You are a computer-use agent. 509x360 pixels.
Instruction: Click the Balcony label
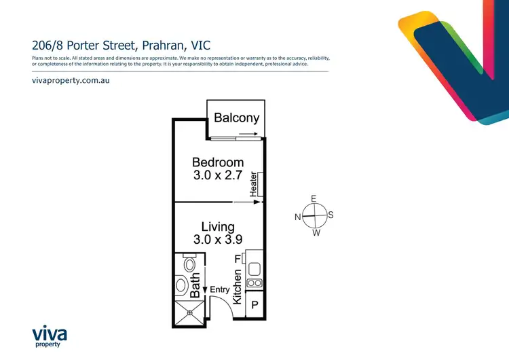tap(236, 118)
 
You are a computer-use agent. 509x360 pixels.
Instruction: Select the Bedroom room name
tap(217, 162)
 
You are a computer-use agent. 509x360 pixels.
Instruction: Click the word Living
tap(217, 227)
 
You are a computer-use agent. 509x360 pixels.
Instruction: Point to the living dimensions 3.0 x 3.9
tap(217, 239)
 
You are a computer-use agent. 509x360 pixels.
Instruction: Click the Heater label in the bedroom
tap(253, 184)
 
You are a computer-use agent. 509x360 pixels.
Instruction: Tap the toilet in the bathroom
tap(189, 264)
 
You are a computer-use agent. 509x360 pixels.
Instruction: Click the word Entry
tap(219, 290)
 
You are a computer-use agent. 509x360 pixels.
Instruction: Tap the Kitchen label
tap(238, 285)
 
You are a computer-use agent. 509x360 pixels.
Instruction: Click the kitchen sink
tap(254, 267)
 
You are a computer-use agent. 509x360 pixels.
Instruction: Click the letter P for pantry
tap(254, 306)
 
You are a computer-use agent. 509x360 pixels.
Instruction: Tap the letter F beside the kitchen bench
tap(238, 259)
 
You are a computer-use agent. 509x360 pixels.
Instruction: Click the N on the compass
tap(298, 217)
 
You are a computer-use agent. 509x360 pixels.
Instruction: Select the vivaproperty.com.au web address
tap(71, 80)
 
